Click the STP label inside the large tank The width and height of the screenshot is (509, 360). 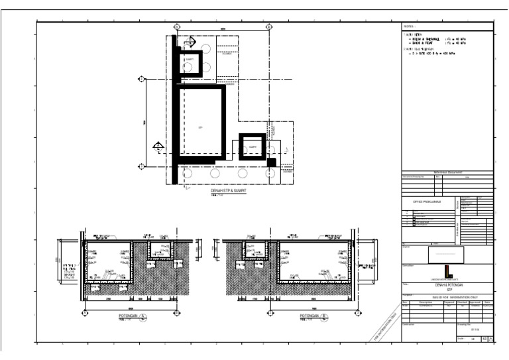(x=200, y=125)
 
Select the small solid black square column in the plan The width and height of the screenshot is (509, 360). (x=271, y=162)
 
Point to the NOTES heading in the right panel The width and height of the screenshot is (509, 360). (x=408, y=27)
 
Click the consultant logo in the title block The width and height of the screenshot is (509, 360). (x=447, y=271)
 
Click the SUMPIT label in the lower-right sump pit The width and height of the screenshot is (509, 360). (x=253, y=147)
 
